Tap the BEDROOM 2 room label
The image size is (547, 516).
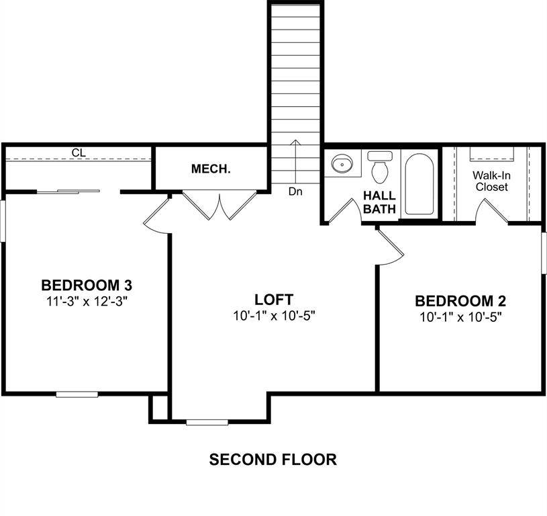(460, 300)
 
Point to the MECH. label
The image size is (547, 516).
(211, 169)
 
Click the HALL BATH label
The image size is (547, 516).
(379, 202)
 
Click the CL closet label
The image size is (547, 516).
(79, 153)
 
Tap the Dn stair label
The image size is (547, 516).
(295, 191)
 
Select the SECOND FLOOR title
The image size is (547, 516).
(272, 460)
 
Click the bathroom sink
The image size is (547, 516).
(343, 163)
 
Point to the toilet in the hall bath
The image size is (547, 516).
(381, 167)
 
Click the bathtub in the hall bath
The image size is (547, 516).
(419, 184)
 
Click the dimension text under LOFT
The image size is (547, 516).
(273, 316)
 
